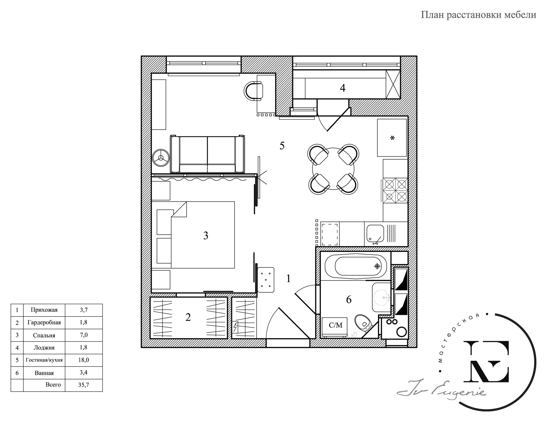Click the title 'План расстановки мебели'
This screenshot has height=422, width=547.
(478, 15)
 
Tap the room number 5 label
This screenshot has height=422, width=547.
(282, 146)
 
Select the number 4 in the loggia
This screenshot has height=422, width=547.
(342, 88)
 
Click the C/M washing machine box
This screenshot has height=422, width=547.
(335, 325)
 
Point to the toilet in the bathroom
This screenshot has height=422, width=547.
(363, 323)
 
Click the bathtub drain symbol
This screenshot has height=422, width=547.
(377, 266)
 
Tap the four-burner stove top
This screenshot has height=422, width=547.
(395, 190)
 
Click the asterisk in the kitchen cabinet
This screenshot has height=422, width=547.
(392, 138)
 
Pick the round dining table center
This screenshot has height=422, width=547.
(333, 169)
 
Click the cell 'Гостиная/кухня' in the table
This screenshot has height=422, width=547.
(44, 360)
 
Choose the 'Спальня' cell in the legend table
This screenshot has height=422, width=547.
(44, 335)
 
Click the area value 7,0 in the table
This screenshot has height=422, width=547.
(84, 335)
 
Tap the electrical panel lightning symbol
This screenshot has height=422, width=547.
(235, 327)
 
